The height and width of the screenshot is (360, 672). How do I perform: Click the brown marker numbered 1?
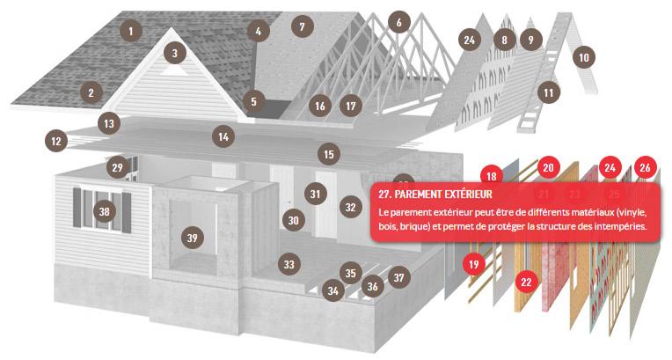click(131, 31)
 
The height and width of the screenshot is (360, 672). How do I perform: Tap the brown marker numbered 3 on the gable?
click(174, 53)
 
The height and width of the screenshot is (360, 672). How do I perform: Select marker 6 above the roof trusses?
click(399, 22)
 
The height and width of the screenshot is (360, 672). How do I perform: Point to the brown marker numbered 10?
click(584, 57)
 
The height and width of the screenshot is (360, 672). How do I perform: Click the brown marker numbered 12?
click(56, 141)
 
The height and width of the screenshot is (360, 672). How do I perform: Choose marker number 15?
click(329, 154)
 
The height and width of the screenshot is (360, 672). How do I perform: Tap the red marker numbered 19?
click(473, 264)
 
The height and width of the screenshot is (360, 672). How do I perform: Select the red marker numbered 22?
click(526, 282)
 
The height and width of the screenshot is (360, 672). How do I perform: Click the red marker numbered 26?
click(645, 168)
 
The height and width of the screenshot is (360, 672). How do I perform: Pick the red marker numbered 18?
click(492, 175)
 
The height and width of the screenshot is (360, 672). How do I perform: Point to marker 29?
click(118, 167)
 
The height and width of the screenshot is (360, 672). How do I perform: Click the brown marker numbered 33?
click(289, 264)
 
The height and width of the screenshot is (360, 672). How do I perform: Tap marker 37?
click(399, 277)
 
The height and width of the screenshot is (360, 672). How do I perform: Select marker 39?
click(192, 238)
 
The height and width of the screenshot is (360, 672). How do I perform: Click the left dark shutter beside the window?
click(77, 208)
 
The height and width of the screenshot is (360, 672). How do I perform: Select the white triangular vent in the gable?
click(174, 70)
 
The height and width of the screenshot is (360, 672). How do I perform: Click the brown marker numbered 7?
click(303, 26)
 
